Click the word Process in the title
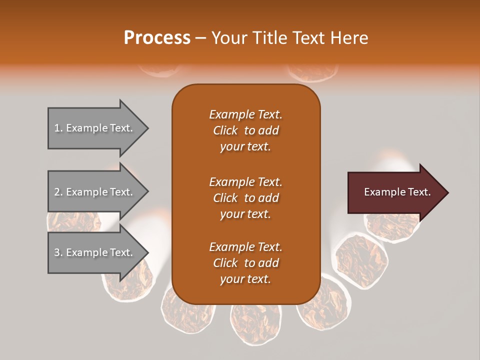[x=157, y=38]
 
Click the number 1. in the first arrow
[x=58, y=128]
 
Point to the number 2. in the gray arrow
[x=58, y=192]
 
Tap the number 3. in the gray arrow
[x=58, y=252]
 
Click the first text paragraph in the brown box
[x=245, y=130]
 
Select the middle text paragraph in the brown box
[x=245, y=198]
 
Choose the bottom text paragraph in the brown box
[x=245, y=263]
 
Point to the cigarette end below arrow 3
[x=125, y=287]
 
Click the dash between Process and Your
[x=201, y=38]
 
